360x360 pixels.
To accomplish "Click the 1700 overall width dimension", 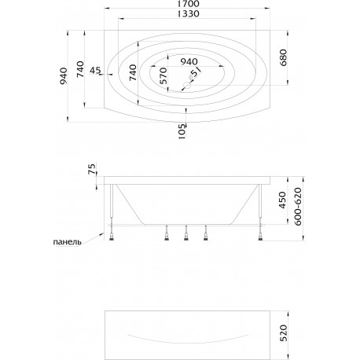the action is (x=188, y=4).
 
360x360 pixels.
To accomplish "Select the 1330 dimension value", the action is (x=188, y=13).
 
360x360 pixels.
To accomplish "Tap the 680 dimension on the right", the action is (x=284, y=57).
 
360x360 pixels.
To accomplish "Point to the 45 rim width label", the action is (x=95, y=70).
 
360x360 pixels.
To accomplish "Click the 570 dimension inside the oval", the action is (x=163, y=75).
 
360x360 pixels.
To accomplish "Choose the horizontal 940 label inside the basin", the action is (x=189, y=62).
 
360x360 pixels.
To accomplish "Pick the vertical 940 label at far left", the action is (x=64, y=76).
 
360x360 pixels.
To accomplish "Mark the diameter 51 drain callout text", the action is (x=195, y=73).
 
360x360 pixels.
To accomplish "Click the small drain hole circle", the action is (x=187, y=85).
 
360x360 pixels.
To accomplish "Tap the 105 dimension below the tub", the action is (x=182, y=131).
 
